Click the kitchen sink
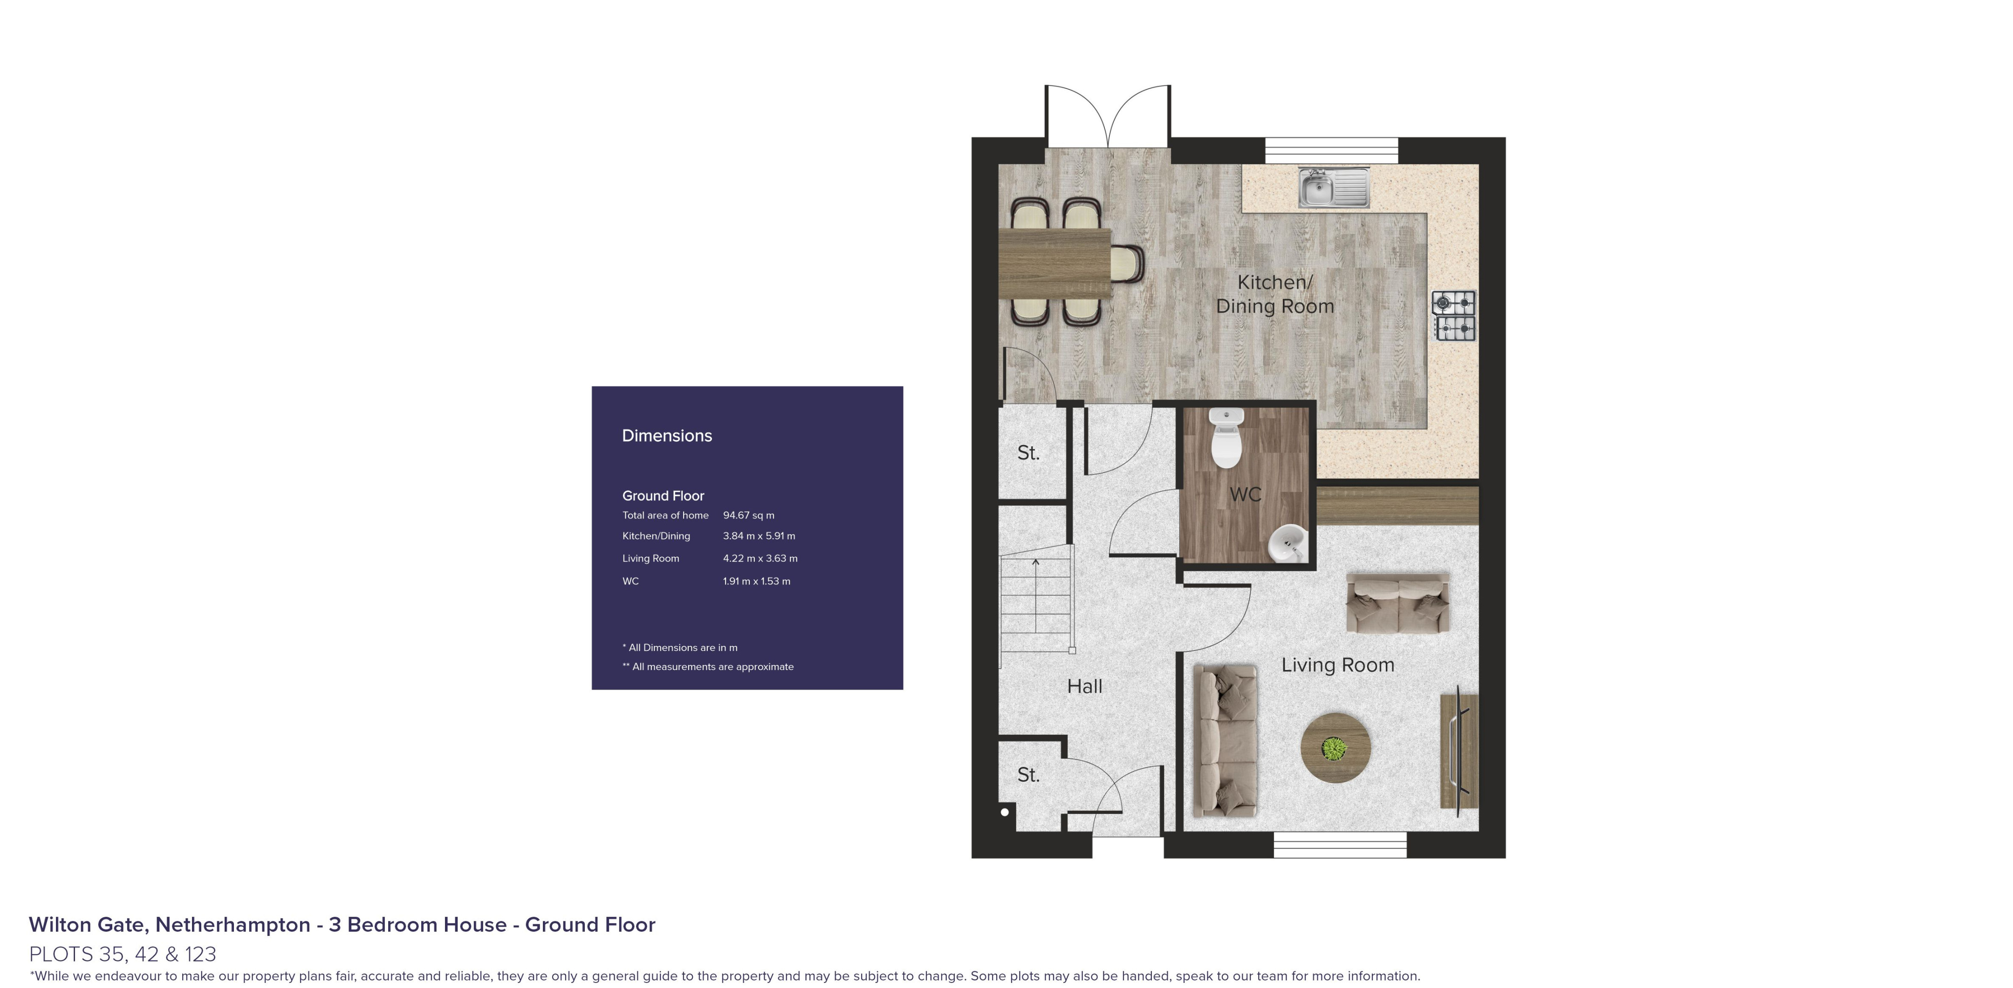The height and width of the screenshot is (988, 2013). click(1333, 188)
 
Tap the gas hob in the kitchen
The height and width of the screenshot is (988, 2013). click(1453, 316)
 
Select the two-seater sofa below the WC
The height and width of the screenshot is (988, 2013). click(1397, 603)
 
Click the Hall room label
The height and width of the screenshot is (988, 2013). click(1085, 686)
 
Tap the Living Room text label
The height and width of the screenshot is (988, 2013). click(1337, 665)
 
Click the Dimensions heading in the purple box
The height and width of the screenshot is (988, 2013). click(666, 436)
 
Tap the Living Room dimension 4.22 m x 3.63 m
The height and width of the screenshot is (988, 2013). click(760, 558)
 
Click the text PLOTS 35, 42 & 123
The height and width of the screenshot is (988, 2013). click(123, 954)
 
